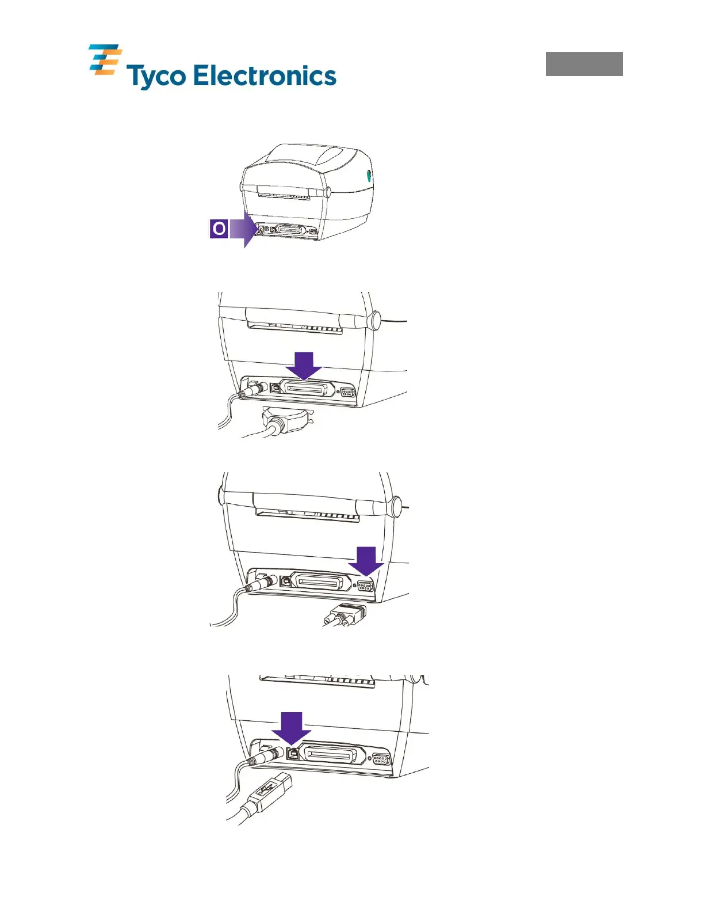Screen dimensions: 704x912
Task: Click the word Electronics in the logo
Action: (264, 76)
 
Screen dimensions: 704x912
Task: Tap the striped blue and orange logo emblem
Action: (105, 60)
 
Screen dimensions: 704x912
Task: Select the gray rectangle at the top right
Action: (584, 64)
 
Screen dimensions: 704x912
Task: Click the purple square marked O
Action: (219, 229)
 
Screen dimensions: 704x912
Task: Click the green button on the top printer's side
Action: (369, 176)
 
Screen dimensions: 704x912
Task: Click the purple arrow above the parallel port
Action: (304, 366)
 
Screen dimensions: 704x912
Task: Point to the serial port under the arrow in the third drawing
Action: (365, 586)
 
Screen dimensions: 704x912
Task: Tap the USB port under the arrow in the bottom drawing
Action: (293, 753)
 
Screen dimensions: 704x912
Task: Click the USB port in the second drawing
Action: (275, 387)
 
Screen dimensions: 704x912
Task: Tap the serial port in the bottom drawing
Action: (381, 759)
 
